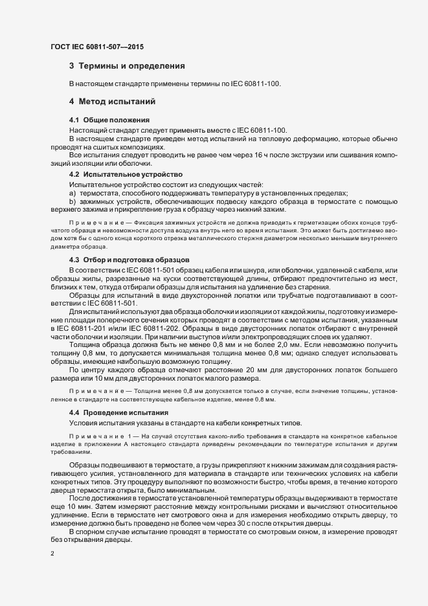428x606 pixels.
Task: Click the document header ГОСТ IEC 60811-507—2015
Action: click(97, 47)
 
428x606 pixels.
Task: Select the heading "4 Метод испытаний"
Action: click(115, 101)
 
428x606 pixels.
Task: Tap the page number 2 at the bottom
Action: click(52, 554)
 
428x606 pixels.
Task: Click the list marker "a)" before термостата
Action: click(73, 194)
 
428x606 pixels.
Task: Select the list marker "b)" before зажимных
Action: click(73, 202)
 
